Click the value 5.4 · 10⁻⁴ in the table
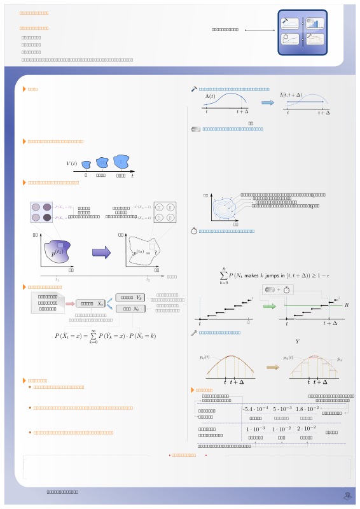(x=256, y=408)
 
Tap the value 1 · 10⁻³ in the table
(x=256, y=429)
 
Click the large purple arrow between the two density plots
(x=101, y=253)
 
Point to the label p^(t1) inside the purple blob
(x=57, y=253)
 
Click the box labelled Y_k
(x=132, y=297)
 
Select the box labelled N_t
(x=132, y=309)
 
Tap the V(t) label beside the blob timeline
(x=72, y=164)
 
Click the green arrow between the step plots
(x=269, y=306)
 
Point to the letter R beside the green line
(x=347, y=305)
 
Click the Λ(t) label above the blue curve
(x=210, y=96)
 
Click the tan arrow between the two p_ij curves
(x=272, y=367)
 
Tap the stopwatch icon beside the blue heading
(x=194, y=231)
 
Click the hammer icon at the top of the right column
(x=194, y=89)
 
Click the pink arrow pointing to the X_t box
(x=69, y=303)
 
